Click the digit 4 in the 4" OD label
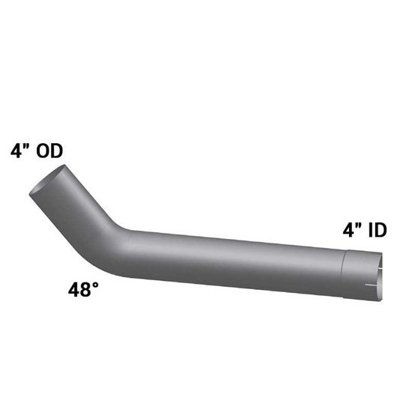(x=16, y=151)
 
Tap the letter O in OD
(x=43, y=151)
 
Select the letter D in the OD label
(x=57, y=151)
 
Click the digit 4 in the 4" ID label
(x=348, y=230)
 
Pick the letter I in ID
(x=371, y=231)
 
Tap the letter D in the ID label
(x=381, y=231)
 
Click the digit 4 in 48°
(x=74, y=290)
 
